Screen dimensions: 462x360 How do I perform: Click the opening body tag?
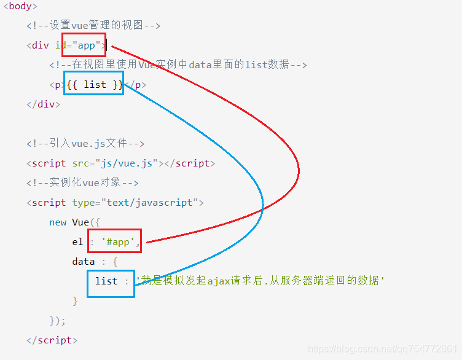point(20,6)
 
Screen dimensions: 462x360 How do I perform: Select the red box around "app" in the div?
point(84,45)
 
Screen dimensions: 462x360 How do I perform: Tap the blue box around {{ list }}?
point(93,83)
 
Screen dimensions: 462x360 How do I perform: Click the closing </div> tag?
point(43,104)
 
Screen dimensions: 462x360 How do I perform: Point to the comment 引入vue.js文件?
point(85,144)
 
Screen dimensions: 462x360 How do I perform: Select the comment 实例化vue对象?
point(82,183)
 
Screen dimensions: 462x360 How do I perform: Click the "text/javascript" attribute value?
point(151,203)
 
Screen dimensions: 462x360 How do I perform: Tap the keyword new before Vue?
point(58,222)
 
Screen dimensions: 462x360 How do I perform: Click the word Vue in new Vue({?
point(80,222)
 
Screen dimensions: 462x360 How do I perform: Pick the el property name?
point(77,242)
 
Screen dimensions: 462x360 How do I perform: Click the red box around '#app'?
point(115,241)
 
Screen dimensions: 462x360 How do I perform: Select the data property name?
point(83,262)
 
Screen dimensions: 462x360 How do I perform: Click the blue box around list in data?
point(111,283)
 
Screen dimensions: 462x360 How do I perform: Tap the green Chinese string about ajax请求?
point(260,281)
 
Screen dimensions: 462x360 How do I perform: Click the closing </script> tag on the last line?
point(52,340)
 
